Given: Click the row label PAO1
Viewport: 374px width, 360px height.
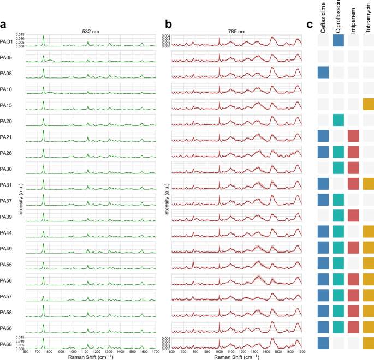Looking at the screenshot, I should click(7, 41).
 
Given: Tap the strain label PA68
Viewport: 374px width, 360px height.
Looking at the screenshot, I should click(7, 344).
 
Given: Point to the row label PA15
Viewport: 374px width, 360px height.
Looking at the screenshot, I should click(7, 105).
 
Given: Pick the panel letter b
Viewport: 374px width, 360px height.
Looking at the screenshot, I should click(169, 25).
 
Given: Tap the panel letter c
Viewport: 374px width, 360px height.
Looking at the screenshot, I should click(310, 25).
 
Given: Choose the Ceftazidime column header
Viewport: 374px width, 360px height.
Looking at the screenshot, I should click(323, 16).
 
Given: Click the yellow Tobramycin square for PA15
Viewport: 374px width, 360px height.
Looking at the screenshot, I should click(369, 104).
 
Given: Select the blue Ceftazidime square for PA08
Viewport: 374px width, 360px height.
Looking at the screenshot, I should click(323, 73).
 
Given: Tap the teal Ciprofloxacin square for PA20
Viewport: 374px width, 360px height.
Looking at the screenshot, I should click(339, 120).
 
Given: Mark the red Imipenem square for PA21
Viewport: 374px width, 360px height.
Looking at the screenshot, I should click(354, 136).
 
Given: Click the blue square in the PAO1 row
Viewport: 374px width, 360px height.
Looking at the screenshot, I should click(339, 41).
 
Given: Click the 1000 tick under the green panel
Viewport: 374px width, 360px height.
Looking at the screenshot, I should click(72, 352).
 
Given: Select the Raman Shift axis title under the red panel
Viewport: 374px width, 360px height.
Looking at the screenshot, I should click(235, 357).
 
